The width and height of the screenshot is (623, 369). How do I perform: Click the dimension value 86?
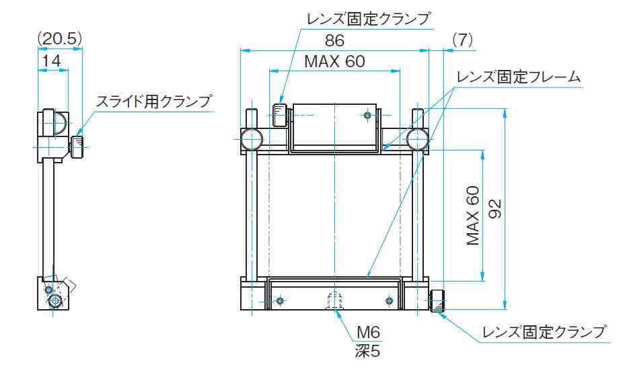pyautogui.click(x=334, y=40)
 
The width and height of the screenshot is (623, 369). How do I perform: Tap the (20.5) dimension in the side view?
pyautogui.click(x=60, y=39)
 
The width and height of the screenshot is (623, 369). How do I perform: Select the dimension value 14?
pyautogui.click(x=51, y=60)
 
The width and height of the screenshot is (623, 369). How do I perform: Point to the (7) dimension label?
pyautogui.click(x=462, y=39)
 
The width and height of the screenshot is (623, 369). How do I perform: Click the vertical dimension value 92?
pyautogui.click(x=494, y=209)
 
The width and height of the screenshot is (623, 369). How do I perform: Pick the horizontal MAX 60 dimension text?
pyautogui.click(x=334, y=62)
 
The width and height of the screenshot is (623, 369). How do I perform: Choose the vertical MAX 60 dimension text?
pyautogui.click(x=473, y=216)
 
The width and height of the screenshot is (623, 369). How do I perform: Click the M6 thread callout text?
pyautogui.click(x=368, y=333)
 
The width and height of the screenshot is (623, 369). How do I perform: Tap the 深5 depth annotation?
pyautogui.click(x=367, y=351)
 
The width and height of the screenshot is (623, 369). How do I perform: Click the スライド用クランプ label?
pyautogui.click(x=153, y=101)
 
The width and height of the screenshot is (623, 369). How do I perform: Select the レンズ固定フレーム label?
pyautogui.click(x=519, y=77)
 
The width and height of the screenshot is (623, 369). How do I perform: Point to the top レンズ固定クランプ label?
pyautogui.click(x=368, y=19)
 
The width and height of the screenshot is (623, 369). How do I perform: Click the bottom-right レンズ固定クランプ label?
pyautogui.click(x=544, y=332)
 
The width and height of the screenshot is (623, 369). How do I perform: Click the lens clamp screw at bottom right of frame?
pyautogui.click(x=437, y=301)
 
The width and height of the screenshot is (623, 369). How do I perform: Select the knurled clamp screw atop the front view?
pyautogui.click(x=280, y=115)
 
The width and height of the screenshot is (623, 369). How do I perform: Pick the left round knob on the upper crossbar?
pyautogui.click(x=252, y=139)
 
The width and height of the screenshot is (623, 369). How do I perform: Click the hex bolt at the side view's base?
pyautogui.click(x=54, y=302)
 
